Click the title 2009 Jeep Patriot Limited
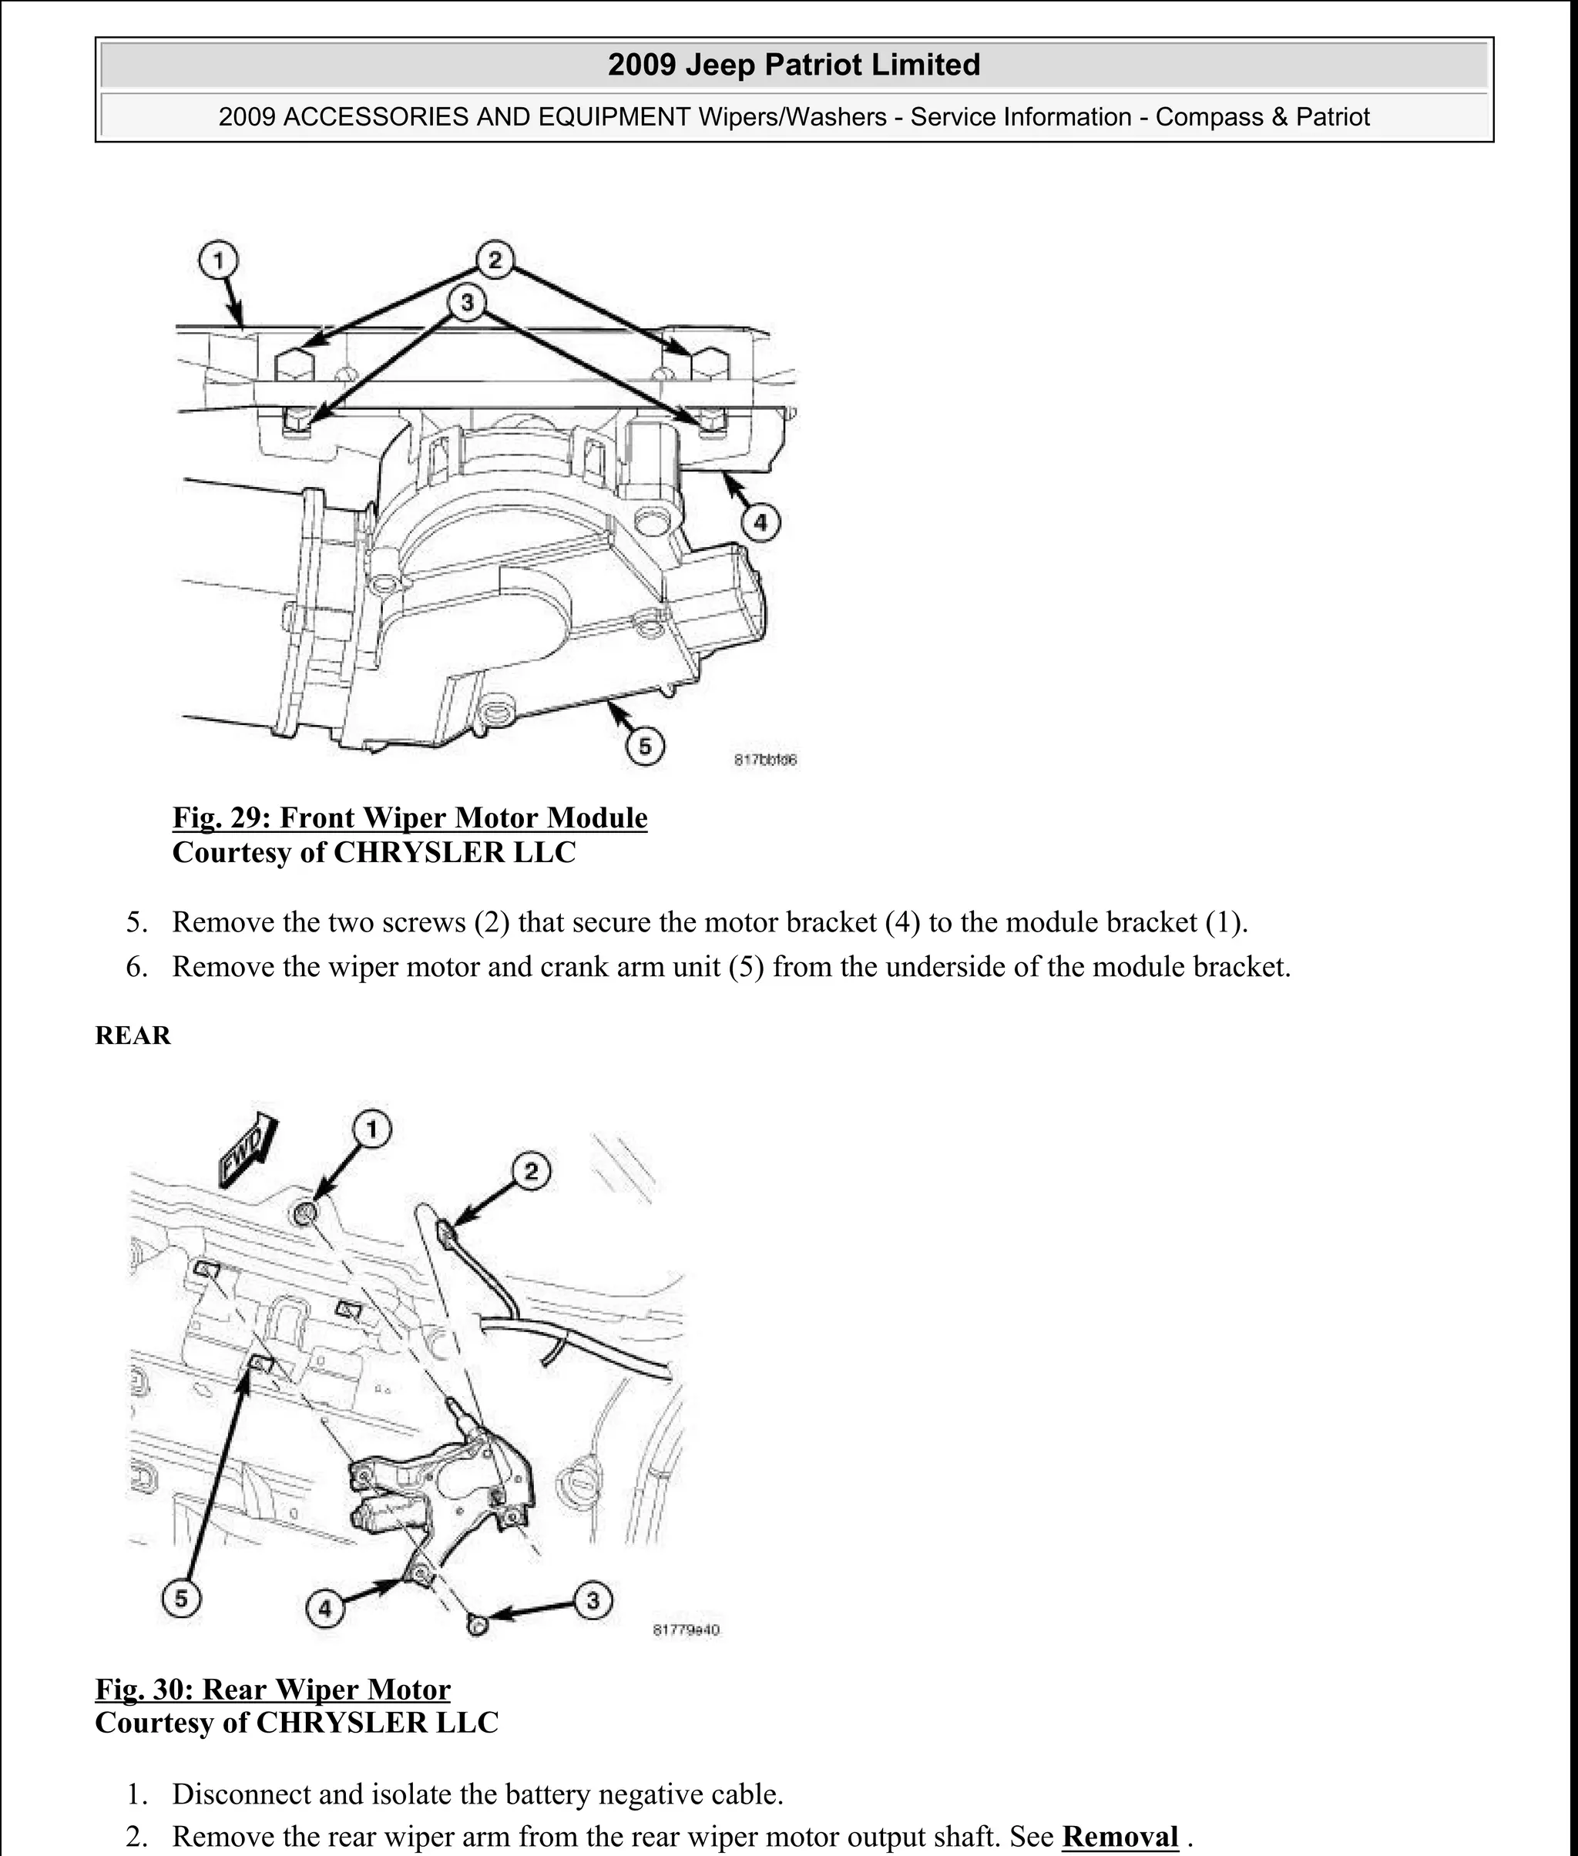coord(794,65)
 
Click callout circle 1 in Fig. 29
coord(217,261)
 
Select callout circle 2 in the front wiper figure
coord(495,260)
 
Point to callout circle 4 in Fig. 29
coord(760,522)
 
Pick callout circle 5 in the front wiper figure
coord(644,746)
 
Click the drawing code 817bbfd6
coord(765,760)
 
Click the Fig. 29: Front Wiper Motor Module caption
coord(410,817)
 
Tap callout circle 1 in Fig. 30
coord(372,1129)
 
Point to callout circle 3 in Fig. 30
coord(593,1599)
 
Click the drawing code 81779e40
coord(686,1629)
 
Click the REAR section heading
coord(133,1035)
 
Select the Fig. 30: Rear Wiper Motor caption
coord(273,1689)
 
